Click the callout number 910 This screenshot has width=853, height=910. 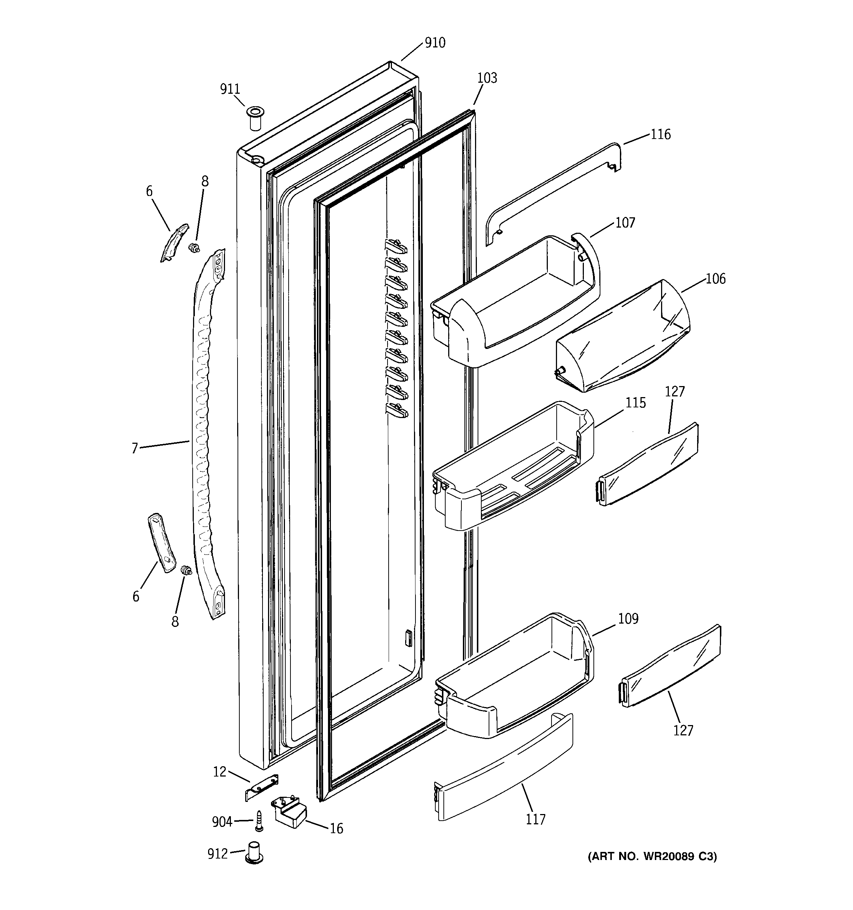coord(435,43)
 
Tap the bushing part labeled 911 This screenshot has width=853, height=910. coord(256,118)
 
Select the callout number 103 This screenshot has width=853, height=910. coord(487,78)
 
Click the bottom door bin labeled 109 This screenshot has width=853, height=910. coord(517,678)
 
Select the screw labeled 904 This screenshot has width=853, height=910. coord(259,822)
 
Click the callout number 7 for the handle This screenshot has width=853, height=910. coord(135,448)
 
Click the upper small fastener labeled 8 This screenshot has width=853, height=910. coord(196,248)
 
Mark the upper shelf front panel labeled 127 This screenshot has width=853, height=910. coord(648,465)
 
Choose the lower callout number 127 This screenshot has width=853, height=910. coord(683,730)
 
